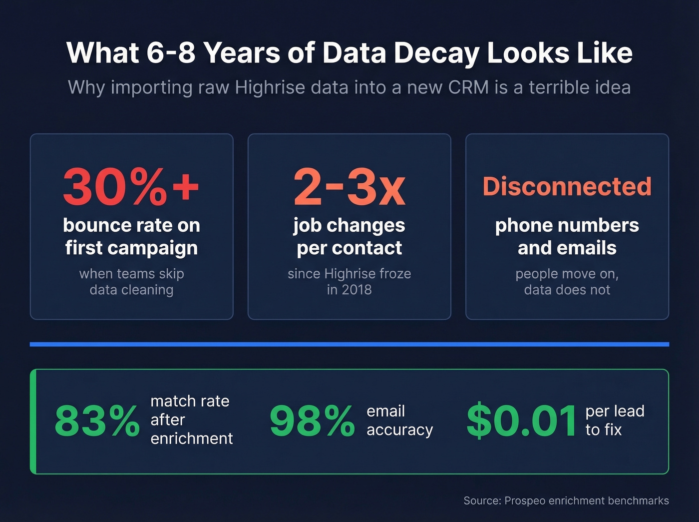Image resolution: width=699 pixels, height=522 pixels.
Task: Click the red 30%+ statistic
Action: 131,187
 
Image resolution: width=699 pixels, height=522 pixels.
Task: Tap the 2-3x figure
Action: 349,187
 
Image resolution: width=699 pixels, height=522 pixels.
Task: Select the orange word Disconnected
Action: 567,186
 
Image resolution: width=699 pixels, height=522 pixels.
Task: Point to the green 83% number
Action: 97,421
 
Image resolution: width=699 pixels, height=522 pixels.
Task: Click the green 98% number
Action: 312,421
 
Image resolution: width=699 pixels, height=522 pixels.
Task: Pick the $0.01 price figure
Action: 521,421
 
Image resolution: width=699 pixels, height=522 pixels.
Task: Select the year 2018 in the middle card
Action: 356,290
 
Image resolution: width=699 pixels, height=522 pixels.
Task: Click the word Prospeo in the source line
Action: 525,501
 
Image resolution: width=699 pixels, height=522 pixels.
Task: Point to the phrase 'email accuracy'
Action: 399,420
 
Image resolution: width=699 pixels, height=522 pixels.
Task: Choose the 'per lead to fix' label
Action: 615,420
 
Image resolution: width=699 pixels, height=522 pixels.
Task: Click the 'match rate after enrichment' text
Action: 191,420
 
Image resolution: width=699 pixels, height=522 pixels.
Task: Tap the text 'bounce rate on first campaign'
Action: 131,236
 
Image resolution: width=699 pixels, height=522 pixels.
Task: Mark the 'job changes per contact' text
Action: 349,236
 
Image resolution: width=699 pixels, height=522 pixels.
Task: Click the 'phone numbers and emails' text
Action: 567,236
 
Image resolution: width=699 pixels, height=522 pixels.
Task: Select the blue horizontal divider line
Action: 349,344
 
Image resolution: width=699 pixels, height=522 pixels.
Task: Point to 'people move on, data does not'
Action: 567,282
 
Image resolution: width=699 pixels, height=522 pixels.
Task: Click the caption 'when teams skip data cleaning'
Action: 131,282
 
